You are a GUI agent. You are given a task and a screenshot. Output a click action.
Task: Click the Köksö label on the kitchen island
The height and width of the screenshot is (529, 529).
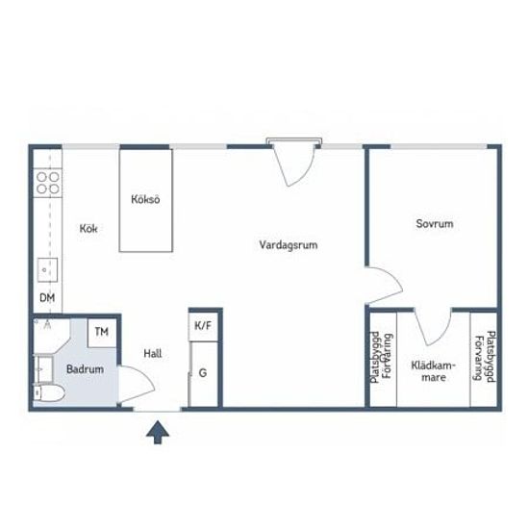pos(145,199)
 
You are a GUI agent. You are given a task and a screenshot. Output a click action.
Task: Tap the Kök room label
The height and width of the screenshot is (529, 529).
pos(88,228)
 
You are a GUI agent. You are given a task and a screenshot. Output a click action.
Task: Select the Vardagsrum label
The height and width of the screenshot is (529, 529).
pos(289,244)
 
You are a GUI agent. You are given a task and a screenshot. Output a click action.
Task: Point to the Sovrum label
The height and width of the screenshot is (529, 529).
pos(435,223)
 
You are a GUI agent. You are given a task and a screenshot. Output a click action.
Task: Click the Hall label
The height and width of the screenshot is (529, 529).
pos(153,354)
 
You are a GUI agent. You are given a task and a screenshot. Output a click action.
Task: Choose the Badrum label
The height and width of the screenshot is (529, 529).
pos(85,369)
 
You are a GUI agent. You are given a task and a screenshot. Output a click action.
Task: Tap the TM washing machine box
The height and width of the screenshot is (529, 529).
pos(102,333)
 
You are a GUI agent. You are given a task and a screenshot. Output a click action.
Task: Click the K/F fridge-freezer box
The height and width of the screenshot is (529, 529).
pos(203,326)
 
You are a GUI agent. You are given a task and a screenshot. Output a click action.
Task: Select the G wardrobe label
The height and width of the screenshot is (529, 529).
pos(203,373)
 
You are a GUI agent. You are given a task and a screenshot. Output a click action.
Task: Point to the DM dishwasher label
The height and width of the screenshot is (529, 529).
pos(47,297)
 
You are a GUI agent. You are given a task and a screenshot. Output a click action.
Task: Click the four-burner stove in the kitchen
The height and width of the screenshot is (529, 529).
pos(48,183)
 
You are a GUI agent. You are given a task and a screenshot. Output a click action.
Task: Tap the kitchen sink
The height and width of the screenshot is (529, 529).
pos(47,270)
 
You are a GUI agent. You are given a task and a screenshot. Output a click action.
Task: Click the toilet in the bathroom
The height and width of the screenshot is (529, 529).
pos(49,393)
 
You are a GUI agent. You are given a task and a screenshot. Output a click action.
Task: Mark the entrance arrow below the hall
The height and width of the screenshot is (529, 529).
pos(158,433)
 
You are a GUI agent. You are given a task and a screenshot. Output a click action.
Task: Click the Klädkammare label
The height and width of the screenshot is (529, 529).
pos(434,371)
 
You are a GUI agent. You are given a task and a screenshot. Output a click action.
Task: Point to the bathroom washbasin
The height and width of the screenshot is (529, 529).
pos(43,369)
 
